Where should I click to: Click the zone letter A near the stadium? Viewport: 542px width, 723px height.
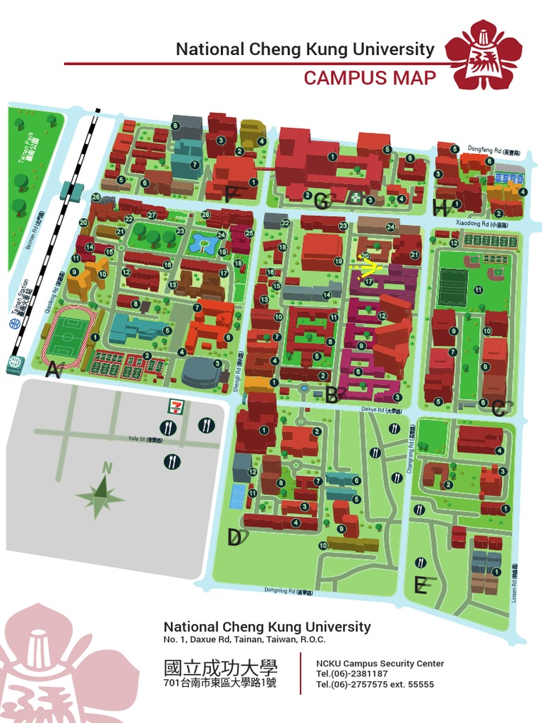(x=51, y=369)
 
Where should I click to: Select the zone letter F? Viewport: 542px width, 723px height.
(x=229, y=193)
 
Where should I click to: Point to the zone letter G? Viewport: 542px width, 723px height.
(x=322, y=203)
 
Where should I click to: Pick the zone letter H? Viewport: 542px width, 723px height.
(x=442, y=207)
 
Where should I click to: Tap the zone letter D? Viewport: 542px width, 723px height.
(x=235, y=538)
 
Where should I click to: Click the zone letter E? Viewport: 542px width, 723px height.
(x=421, y=585)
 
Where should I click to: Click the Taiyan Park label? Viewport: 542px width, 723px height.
(x=30, y=152)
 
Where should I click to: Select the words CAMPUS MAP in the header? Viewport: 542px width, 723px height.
(x=370, y=78)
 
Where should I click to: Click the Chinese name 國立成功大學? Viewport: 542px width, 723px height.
(x=220, y=667)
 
